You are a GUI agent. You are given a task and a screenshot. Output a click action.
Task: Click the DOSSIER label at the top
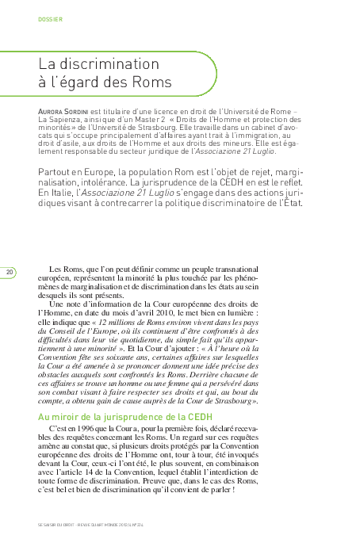point(51,18)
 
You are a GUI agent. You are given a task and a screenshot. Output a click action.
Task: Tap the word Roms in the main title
point(152,82)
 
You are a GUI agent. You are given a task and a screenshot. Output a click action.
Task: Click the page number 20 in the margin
point(10,273)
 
